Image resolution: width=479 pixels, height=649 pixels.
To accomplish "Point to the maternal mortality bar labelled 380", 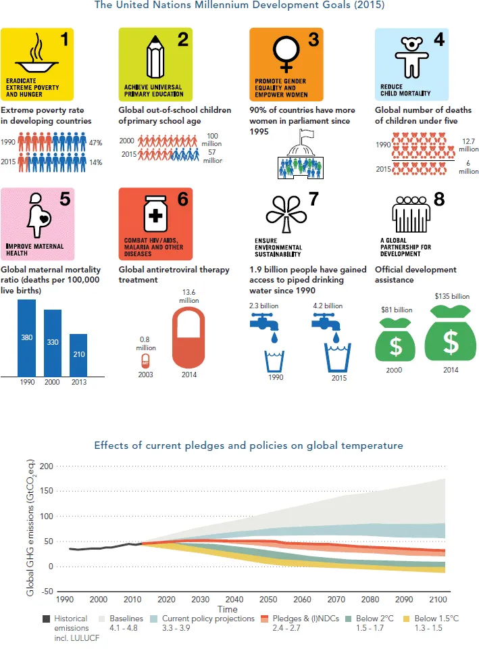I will click(26, 337).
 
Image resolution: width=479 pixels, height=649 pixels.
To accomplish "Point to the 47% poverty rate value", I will click(95, 143).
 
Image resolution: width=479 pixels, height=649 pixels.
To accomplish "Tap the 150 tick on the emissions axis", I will click(45, 491).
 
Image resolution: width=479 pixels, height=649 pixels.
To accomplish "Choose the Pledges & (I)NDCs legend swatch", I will click(266, 619).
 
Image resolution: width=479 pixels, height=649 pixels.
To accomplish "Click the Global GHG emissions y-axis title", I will click(30, 527).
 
